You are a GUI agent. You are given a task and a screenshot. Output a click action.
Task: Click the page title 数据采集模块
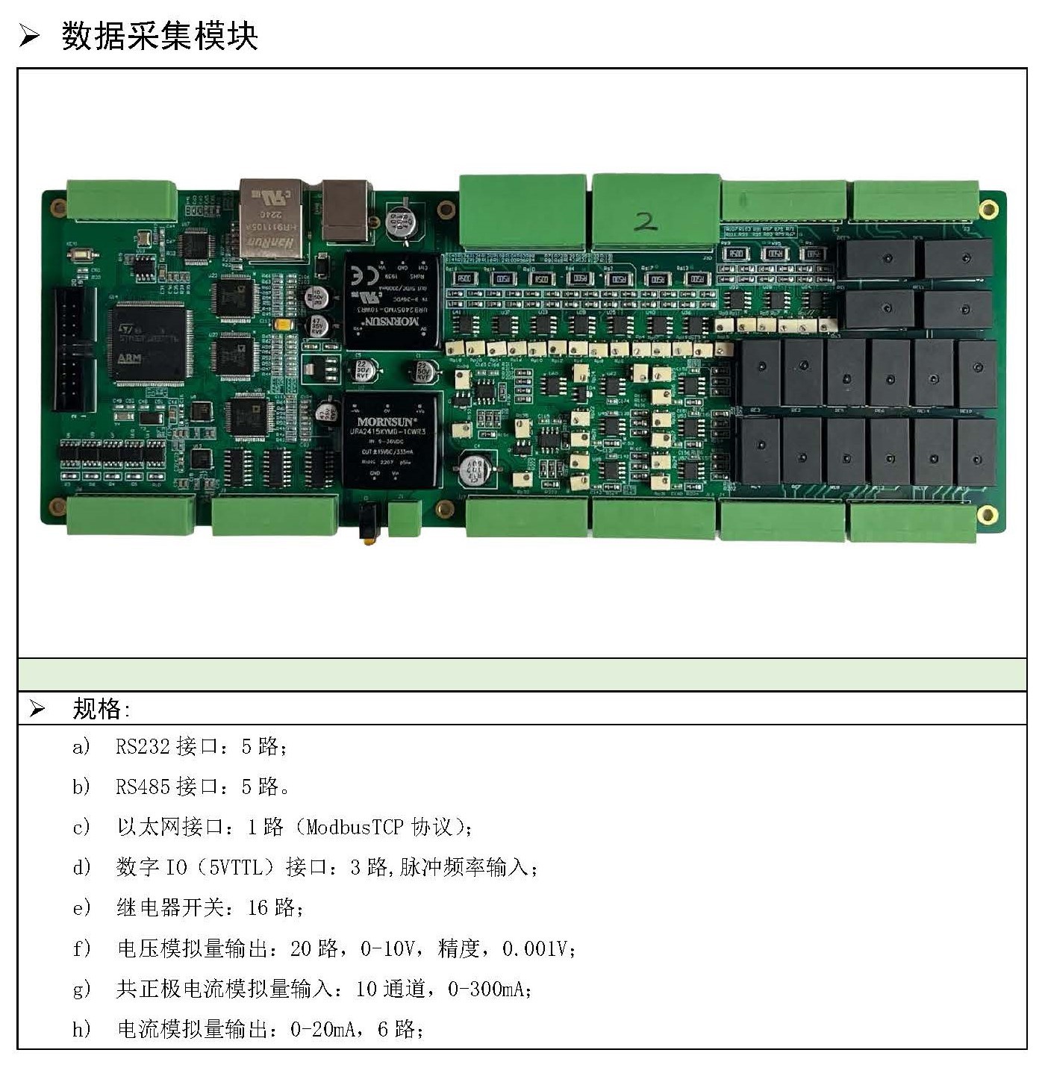tap(159, 36)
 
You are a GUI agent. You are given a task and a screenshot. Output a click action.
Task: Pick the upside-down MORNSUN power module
tap(392, 301)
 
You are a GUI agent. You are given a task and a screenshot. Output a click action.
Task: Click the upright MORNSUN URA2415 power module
tap(390, 441)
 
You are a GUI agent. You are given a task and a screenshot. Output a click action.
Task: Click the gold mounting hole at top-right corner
tap(988, 209)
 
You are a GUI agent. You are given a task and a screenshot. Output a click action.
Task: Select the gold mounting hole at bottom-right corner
tap(987, 514)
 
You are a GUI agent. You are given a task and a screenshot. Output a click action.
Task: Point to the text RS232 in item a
tap(143, 746)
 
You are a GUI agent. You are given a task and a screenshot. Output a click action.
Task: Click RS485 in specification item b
tap(143, 787)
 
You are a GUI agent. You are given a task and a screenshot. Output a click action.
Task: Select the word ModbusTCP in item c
tap(355, 827)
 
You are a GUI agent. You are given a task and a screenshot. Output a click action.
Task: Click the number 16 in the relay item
tap(258, 907)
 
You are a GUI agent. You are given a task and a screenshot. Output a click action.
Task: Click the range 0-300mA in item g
tap(488, 989)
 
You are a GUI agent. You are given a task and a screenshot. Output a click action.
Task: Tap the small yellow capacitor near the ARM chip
tap(283, 325)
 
